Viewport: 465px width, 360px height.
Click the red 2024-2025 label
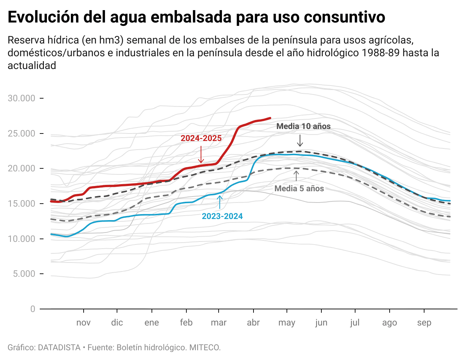[x=201, y=138]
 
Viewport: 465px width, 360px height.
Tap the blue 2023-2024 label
[x=222, y=216]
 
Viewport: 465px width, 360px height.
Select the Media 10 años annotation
[x=303, y=126]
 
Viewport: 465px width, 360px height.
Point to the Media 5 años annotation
[x=299, y=189]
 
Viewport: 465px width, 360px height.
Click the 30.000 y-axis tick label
[x=22, y=99]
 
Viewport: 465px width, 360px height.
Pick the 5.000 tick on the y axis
[x=24, y=274]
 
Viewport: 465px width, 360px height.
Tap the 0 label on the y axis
[x=33, y=309]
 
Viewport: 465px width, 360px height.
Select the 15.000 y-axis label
[x=22, y=204]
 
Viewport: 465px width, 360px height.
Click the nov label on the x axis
[x=83, y=323]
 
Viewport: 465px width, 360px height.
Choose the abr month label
[x=253, y=323]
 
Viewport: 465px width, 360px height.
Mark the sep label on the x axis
[x=424, y=323]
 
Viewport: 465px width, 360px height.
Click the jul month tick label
[x=355, y=323]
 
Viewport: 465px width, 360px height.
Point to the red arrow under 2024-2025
[x=201, y=154]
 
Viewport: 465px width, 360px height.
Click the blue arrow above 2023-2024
[x=220, y=202]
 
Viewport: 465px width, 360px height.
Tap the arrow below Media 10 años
[x=300, y=140]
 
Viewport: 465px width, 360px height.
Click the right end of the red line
[x=270, y=118]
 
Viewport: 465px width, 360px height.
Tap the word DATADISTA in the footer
[x=59, y=348]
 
